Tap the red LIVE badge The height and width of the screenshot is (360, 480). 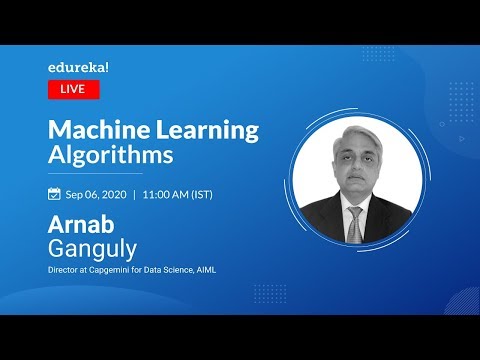pyautogui.click(x=74, y=89)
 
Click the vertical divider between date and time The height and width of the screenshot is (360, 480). pyautogui.click(x=134, y=193)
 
